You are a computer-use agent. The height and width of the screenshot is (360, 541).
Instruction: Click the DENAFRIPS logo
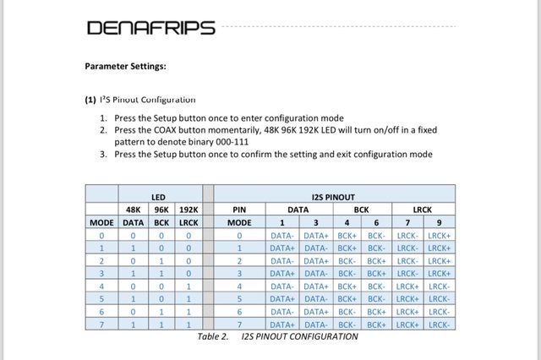(150, 28)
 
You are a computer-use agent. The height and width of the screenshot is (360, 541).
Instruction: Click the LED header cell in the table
(157, 197)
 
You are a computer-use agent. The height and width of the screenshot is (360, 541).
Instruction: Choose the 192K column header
(189, 209)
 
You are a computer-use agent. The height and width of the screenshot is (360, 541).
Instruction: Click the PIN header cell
(239, 209)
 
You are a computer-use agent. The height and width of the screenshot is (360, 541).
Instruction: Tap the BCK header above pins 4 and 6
(362, 209)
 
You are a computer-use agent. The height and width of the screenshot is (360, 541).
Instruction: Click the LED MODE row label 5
(101, 298)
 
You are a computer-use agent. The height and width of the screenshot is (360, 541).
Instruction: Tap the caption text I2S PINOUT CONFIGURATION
(299, 336)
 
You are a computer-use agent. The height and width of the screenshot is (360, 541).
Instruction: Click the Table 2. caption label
(213, 336)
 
